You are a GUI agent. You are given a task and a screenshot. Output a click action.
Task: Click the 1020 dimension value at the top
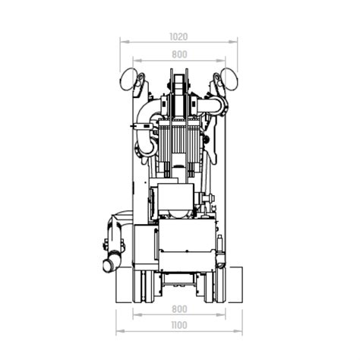click(x=179, y=36)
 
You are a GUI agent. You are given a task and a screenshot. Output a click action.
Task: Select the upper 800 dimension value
click(x=179, y=55)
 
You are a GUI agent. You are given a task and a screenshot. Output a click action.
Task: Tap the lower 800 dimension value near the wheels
click(x=179, y=309)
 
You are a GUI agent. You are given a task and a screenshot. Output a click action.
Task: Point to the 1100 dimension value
click(x=179, y=327)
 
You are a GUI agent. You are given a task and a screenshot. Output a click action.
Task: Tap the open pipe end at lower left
click(x=109, y=266)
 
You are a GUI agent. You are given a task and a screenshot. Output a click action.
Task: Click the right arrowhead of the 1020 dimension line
click(x=236, y=43)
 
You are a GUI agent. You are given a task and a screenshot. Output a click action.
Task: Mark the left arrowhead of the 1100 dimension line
click(x=118, y=333)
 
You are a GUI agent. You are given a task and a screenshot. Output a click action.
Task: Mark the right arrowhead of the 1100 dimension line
click(x=242, y=333)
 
